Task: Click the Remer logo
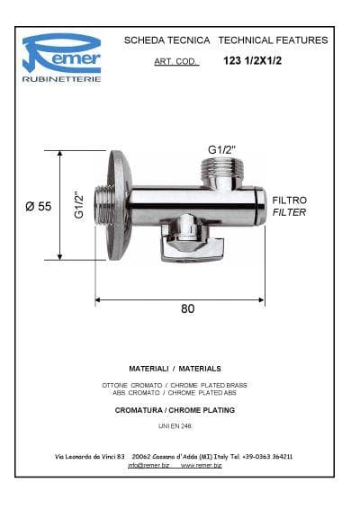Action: point(61,53)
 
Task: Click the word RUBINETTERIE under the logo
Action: point(61,79)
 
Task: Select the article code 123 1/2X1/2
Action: point(253,61)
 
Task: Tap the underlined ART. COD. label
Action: point(176,61)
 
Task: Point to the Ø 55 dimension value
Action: point(39,206)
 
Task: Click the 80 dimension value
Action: point(188,308)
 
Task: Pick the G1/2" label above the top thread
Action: point(221,149)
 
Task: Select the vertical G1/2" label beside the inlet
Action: point(79,204)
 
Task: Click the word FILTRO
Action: point(290,201)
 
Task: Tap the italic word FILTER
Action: point(289,212)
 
